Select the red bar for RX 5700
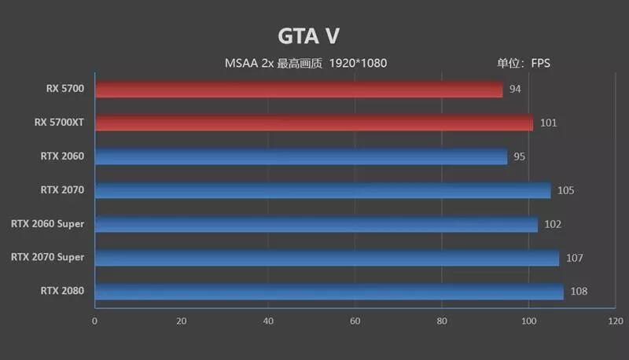[299, 89]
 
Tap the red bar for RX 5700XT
[314, 123]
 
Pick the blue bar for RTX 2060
[301, 156]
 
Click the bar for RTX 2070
[322, 190]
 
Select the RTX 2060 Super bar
[316, 224]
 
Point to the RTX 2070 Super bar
[327, 258]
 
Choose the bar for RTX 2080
[329, 292]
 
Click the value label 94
[515, 89]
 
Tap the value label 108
[579, 292]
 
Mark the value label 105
[566, 190]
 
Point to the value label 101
[549, 123]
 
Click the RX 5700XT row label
[59, 123]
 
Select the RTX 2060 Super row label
[47, 224]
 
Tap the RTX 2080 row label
[62, 292]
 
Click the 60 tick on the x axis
[355, 321]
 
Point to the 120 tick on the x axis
[616, 321]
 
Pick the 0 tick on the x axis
[95, 321]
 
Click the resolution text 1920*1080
[359, 63]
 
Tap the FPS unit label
[540, 63]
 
